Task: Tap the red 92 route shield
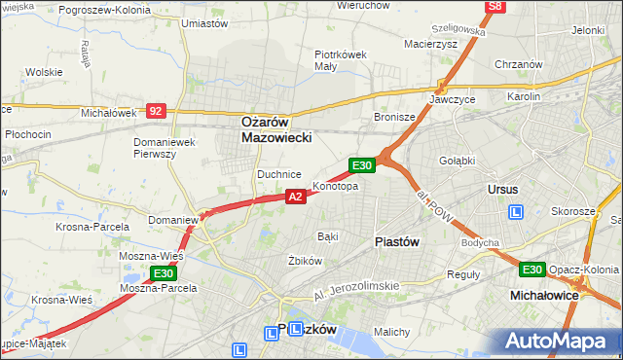point(156,111)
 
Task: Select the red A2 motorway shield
point(297,197)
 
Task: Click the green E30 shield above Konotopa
point(362,166)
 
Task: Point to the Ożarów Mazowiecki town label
point(276,130)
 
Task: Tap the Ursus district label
point(502,189)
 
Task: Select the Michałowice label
point(544,293)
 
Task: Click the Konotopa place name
point(335,186)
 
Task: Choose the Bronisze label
point(394,117)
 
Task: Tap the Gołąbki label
point(456,161)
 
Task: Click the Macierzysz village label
point(428,43)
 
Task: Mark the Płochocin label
point(26,133)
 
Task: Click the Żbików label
point(305,261)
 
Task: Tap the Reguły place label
point(462,273)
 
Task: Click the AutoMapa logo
point(558,341)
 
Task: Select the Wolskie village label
point(45,72)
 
